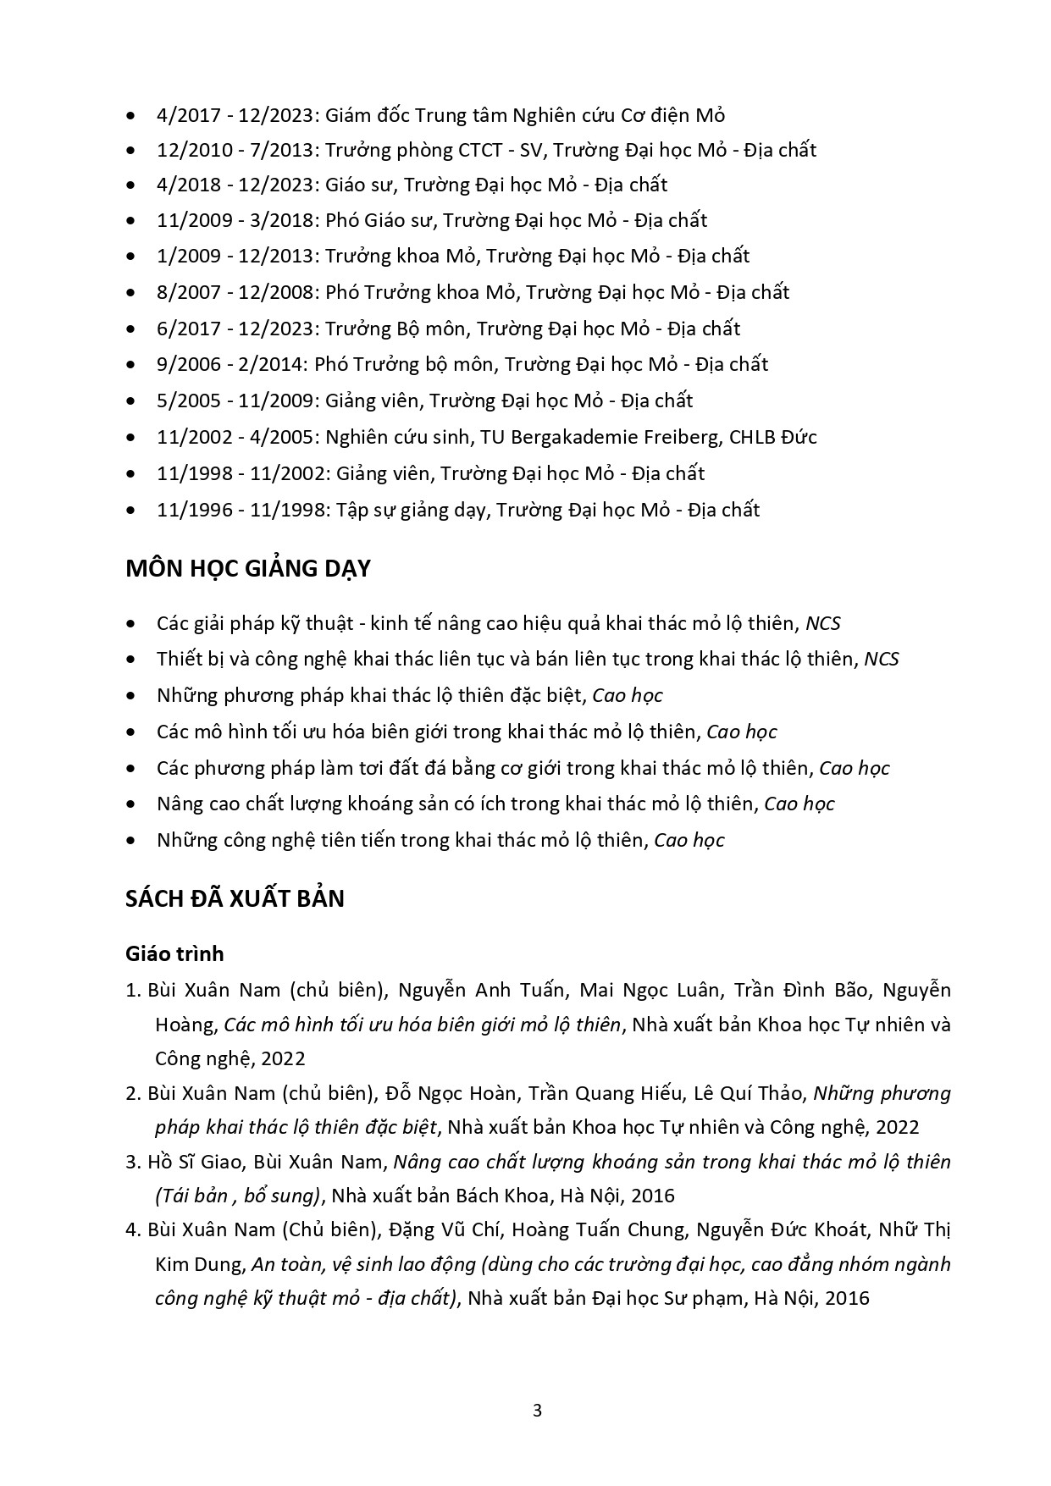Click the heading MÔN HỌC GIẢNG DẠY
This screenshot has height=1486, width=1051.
pos(247,568)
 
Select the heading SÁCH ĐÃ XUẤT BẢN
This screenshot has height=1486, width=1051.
pos(235,898)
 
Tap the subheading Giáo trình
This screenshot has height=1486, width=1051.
pos(174,954)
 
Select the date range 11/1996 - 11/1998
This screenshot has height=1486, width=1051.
pos(241,510)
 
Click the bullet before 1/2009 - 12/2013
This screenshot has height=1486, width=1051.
pos(130,257)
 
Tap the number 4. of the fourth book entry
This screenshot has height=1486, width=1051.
pos(134,1229)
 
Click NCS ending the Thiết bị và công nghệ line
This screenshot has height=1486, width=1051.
pos(881,659)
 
